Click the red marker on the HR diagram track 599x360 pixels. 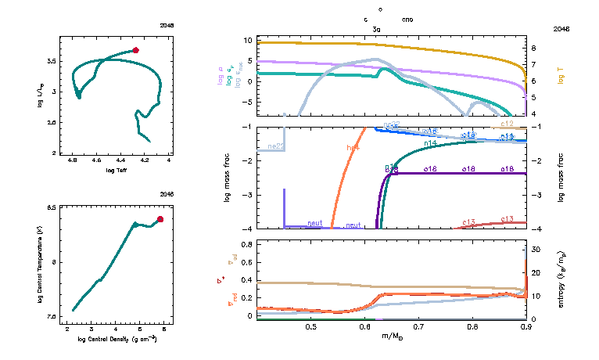[136, 50]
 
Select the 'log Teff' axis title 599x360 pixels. [117, 170]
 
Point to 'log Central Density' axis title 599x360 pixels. [117, 340]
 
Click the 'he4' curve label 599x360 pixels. [353, 146]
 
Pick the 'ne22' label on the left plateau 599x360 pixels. [275, 146]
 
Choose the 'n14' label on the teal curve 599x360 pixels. [430, 143]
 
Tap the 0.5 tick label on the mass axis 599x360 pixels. [311, 326]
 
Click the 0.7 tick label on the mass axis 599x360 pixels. [418, 326]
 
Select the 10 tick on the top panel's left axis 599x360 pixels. [247, 39]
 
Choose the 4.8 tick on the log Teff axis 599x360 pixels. [73, 160]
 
